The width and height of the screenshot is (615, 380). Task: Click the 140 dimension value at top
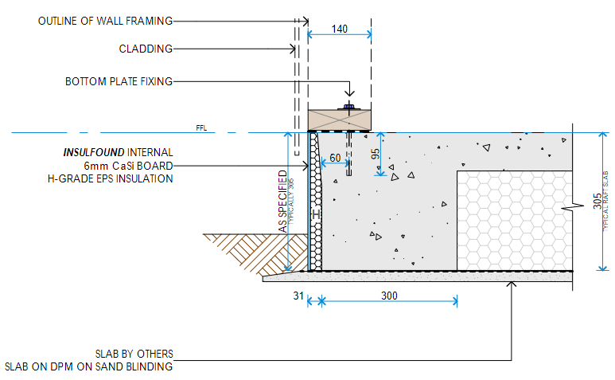pyautogui.click(x=340, y=29)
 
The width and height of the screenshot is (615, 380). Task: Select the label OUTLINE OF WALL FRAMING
pyautogui.click(x=104, y=21)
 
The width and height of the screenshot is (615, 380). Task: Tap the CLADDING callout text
pyautogui.click(x=146, y=49)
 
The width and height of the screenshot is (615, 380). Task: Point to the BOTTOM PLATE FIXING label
pyautogui.click(x=119, y=81)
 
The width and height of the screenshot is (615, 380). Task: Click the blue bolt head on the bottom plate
pyautogui.click(x=348, y=106)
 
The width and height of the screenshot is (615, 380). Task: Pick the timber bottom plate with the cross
pyautogui.click(x=340, y=119)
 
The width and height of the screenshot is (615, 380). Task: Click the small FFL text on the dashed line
pyautogui.click(x=200, y=127)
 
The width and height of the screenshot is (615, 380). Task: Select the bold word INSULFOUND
pyautogui.click(x=95, y=152)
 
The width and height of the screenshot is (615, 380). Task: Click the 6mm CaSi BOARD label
pyautogui.click(x=128, y=165)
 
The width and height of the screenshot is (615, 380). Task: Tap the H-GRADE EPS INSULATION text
pyautogui.click(x=111, y=178)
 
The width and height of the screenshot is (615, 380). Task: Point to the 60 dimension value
pyautogui.click(x=336, y=158)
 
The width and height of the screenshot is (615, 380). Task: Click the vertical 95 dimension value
pyautogui.click(x=376, y=155)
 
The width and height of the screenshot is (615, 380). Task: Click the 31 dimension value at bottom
pyautogui.click(x=298, y=296)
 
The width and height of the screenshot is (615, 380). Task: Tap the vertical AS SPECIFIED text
pyautogui.click(x=282, y=202)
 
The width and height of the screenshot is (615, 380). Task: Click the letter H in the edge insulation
pyautogui.click(x=315, y=215)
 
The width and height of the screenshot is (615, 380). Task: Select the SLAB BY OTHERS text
pyautogui.click(x=133, y=354)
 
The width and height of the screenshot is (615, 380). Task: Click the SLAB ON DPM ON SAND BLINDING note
pyautogui.click(x=88, y=366)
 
